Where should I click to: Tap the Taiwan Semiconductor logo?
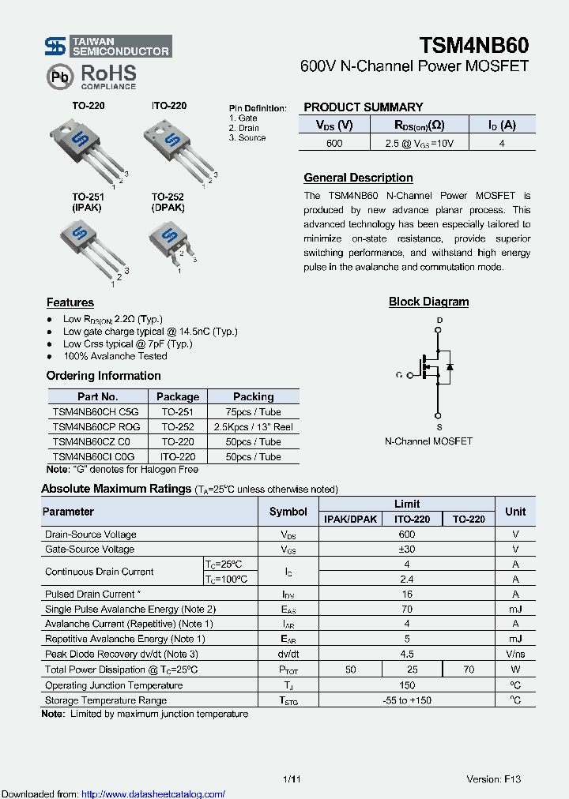coord(107,47)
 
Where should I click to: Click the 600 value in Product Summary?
coord(334,143)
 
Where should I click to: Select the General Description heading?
coord(358,178)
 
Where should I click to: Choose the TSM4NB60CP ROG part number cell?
coord(96,426)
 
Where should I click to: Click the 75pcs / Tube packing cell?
coord(253,411)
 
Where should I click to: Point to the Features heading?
coord(70,302)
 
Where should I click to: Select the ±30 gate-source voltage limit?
coord(407,549)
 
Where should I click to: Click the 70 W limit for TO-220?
coord(469,670)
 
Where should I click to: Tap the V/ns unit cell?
coord(514,654)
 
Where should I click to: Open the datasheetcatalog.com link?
coord(153,793)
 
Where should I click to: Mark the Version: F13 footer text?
coord(494,779)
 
